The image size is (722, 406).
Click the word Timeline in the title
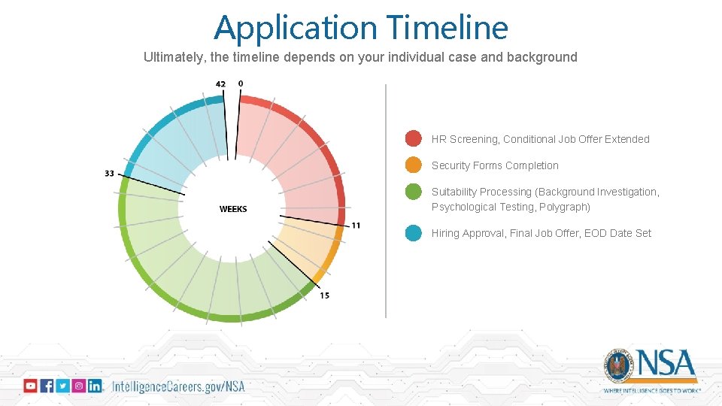coord(448,29)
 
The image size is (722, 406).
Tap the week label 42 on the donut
coord(220,83)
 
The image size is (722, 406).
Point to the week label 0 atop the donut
coord(241,83)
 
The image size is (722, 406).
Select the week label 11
coord(356,226)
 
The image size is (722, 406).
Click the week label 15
coord(324,295)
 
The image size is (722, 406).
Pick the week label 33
coord(110,174)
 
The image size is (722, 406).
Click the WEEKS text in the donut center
coord(233,209)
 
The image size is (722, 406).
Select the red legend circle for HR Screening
coord(413,138)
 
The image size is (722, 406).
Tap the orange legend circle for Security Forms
coord(413,165)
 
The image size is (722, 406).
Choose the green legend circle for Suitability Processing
coord(413,192)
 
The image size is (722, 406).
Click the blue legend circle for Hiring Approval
coord(413,233)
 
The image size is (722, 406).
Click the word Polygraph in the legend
coord(564,207)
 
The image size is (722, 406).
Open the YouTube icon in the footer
coord(30,386)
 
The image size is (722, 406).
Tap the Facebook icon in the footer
coord(47,386)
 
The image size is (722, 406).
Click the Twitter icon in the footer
coord(62,386)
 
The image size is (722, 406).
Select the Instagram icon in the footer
coord(78,386)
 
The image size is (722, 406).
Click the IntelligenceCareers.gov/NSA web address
coord(178,386)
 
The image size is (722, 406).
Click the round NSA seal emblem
coord(620,366)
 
